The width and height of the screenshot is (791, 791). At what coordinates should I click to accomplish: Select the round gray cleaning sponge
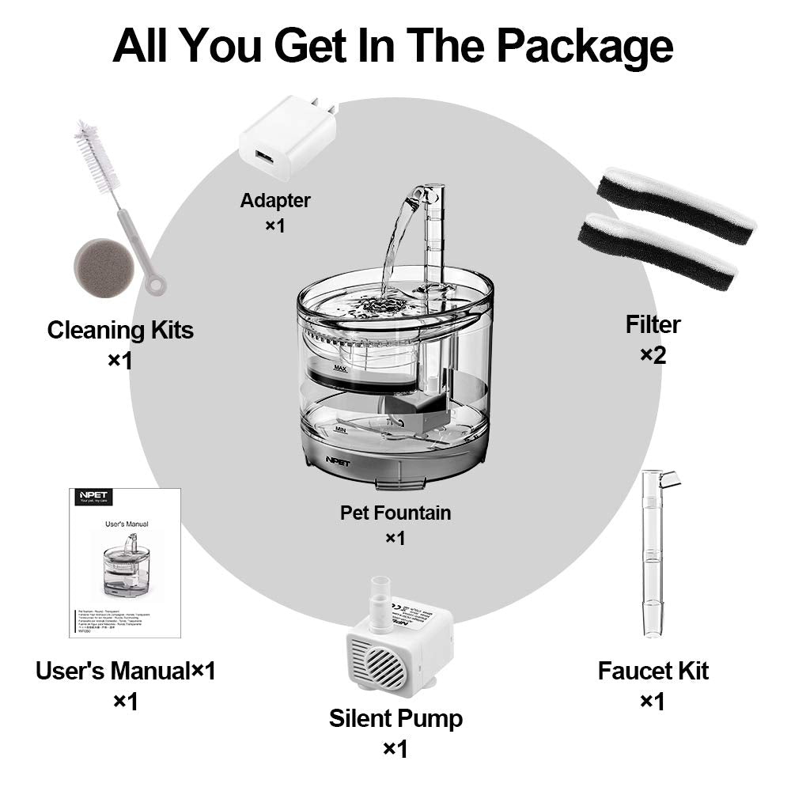pyautogui.click(x=103, y=263)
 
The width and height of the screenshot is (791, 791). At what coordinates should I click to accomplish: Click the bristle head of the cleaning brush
pyautogui.click(x=97, y=154)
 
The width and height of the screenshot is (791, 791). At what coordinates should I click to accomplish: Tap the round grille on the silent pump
pyautogui.click(x=378, y=663)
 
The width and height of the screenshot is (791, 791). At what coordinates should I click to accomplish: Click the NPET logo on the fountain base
pyautogui.click(x=326, y=458)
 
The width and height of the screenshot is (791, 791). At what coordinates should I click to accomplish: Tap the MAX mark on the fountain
pyautogui.click(x=341, y=368)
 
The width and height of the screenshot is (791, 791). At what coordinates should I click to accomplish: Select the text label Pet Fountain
pyautogui.click(x=395, y=513)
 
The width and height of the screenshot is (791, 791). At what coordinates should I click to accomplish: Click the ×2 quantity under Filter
pyautogui.click(x=653, y=355)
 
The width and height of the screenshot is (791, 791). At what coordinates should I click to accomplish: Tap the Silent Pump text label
pyautogui.click(x=395, y=719)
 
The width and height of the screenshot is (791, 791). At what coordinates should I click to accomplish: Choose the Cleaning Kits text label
pyautogui.click(x=120, y=330)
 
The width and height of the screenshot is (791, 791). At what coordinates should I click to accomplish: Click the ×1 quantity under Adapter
pyautogui.click(x=274, y=225)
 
